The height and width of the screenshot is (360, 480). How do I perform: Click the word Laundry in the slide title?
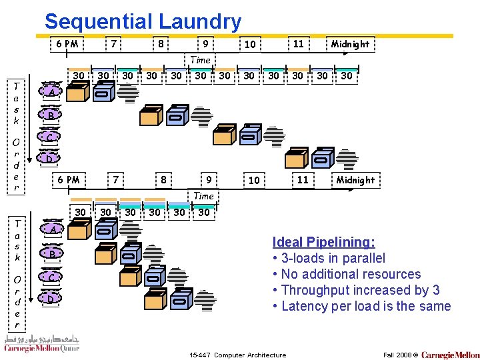click(x=199, y=22)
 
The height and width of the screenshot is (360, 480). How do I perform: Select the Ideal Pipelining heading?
click(x=323, y=242)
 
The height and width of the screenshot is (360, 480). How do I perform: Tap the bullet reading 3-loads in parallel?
click(x=329, y=258)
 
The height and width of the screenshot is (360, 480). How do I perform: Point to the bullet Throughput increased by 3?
click(x=356, y=290)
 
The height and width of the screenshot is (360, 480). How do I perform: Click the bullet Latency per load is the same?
click(x=361, y=306)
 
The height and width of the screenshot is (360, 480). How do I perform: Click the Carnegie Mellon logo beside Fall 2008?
click(x=450, y=355)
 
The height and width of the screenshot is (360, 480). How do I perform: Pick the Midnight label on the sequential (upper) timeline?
click(x=350, y=44)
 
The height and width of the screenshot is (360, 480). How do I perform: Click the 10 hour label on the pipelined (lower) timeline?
click(x=253, y=181)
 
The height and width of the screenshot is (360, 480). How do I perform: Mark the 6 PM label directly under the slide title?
click(x=67, y=44)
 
